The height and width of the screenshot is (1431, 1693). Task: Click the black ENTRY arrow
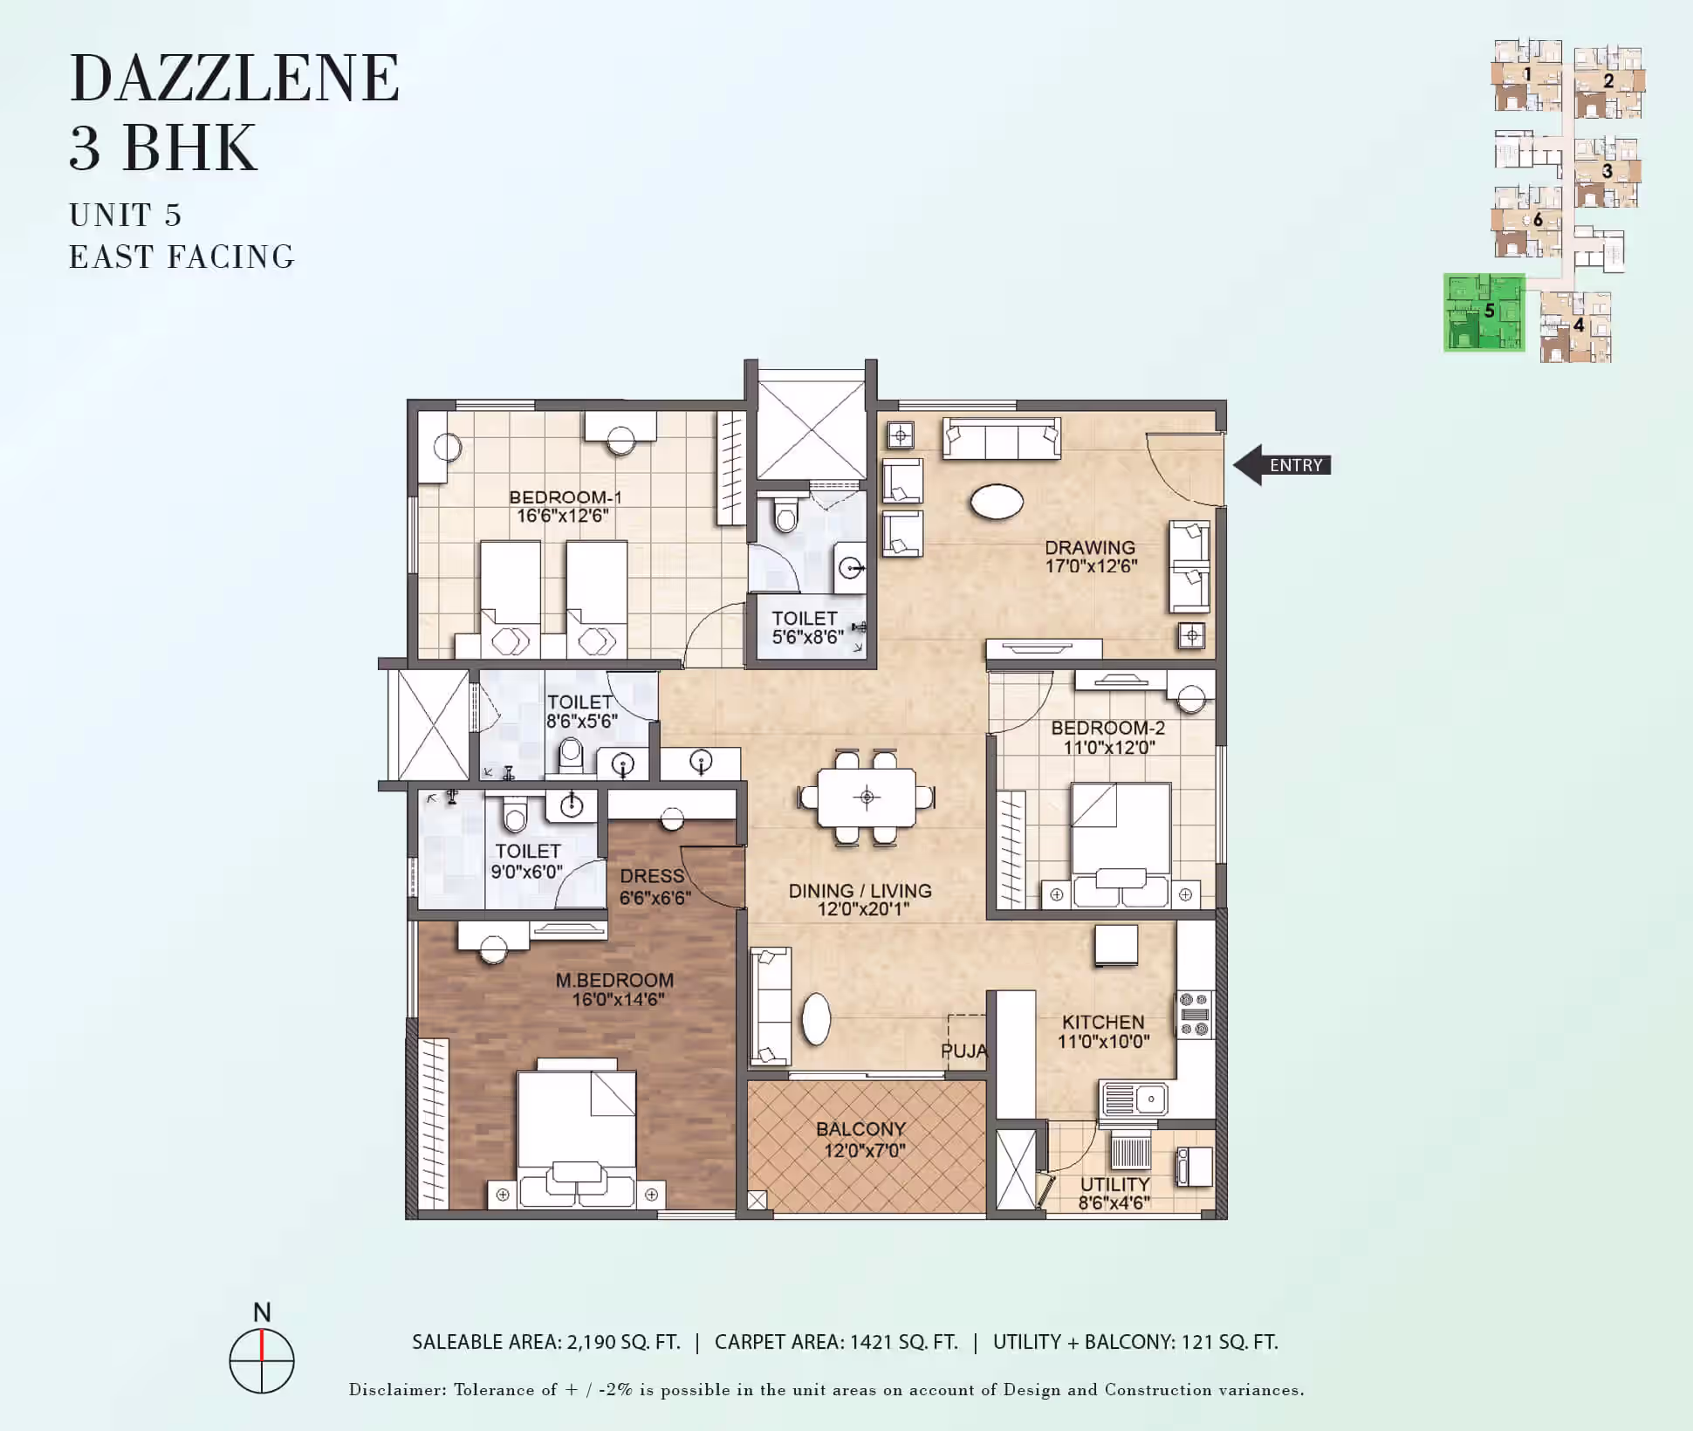[1281, 465]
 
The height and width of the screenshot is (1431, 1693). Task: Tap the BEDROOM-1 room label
[565, 497]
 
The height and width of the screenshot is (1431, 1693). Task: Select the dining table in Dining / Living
[867, 797]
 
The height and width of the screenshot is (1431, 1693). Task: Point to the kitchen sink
[1133, 1099]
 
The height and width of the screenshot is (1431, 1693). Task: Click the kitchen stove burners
[1195, 1014]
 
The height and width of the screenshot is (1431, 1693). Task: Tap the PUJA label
[964, 1051]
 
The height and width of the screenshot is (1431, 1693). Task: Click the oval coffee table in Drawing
[997, 502]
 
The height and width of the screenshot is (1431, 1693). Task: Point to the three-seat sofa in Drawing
[1002, 438]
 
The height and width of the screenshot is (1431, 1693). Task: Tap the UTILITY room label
[1114, 1184]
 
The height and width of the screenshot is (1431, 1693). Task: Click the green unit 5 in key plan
[1484, 312]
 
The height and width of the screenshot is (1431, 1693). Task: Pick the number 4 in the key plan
[1579, 325]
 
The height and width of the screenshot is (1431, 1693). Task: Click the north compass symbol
[262, 1360]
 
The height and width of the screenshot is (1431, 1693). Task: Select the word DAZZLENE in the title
[235, 79]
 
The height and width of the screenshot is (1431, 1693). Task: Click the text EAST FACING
[182, 257]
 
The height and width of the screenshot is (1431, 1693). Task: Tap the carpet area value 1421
[871, 1342]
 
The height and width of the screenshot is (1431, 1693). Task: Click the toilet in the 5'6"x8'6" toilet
[786, 514]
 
